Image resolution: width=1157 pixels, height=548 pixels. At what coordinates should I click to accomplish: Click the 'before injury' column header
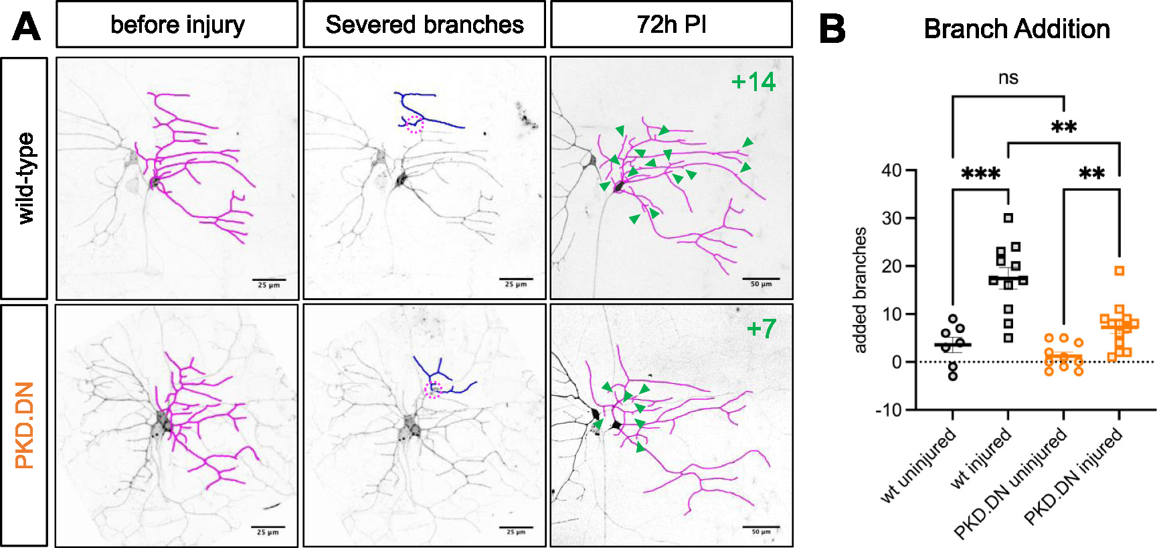[177, 25]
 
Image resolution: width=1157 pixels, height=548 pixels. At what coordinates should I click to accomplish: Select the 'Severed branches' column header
[424, 25]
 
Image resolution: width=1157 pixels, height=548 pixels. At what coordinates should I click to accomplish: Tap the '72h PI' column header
[671, 25]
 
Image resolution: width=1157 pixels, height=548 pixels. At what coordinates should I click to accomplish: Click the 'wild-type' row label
[25, 178]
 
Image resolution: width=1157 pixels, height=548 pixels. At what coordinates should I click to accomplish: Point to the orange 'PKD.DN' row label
[25, 425]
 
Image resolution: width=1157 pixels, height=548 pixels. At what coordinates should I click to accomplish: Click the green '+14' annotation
[753, 82]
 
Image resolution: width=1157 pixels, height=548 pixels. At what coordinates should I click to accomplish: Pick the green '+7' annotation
[761, 329]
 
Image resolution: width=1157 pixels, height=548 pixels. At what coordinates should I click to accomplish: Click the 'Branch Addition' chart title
[1016, 29]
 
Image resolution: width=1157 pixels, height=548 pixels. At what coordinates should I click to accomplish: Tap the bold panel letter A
[27, 28]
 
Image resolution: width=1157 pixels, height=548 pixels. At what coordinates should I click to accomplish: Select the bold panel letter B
[832, 29]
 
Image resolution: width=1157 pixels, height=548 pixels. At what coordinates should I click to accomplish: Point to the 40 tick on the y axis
[891, 170]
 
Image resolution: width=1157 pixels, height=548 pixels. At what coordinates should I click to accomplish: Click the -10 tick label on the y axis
[888, 410]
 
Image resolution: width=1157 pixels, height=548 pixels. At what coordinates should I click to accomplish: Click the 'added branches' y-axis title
[861, 289]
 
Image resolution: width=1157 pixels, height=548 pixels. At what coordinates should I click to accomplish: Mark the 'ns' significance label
[1008, 78]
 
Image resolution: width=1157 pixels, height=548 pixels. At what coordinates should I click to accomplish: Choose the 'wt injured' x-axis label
[981, 460]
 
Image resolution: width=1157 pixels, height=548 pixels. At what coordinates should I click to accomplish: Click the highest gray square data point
[1008, 218]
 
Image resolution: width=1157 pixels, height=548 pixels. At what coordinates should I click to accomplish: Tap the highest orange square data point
[1120, 271]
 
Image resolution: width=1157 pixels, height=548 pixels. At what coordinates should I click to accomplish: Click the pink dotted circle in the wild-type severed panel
[416, 124]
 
